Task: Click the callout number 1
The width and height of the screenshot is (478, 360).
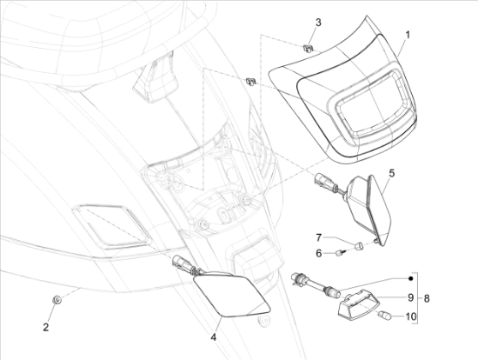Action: click(408, 35)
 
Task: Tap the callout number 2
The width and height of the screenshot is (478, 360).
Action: click(46, 327)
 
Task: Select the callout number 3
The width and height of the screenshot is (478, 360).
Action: click(318, 23)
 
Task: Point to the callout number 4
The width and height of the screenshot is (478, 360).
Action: click(214, 337)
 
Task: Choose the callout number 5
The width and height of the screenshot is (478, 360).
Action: click(392, 173)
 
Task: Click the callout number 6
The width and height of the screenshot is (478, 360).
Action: click(319, 253)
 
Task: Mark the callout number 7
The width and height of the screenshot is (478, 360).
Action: click(319, 237)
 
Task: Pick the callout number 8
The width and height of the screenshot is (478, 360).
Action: click(427, 298)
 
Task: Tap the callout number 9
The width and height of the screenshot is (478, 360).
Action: click(410, 297)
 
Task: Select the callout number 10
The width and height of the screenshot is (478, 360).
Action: click(411, 317)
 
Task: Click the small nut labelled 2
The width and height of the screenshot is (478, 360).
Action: click(56, 300)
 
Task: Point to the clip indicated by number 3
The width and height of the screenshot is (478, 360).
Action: click(308, 48)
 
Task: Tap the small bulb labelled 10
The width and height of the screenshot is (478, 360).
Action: click(384, 315)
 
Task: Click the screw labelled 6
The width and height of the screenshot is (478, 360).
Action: click(341, 253)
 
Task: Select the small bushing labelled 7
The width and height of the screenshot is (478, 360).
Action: click(359, 245)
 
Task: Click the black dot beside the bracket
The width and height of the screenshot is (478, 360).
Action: click(410, 278)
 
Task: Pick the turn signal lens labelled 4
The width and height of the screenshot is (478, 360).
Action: click(232, 295)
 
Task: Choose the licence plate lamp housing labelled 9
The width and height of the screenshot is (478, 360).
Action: click(359, 306)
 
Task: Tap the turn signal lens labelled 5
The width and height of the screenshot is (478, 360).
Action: click(379, 209)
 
